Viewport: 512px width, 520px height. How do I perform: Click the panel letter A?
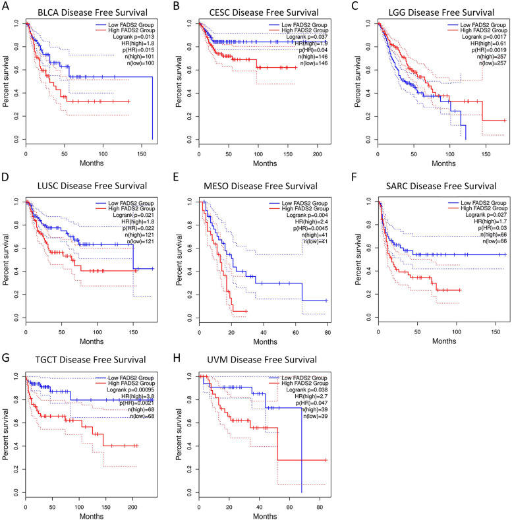[5, 8]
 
